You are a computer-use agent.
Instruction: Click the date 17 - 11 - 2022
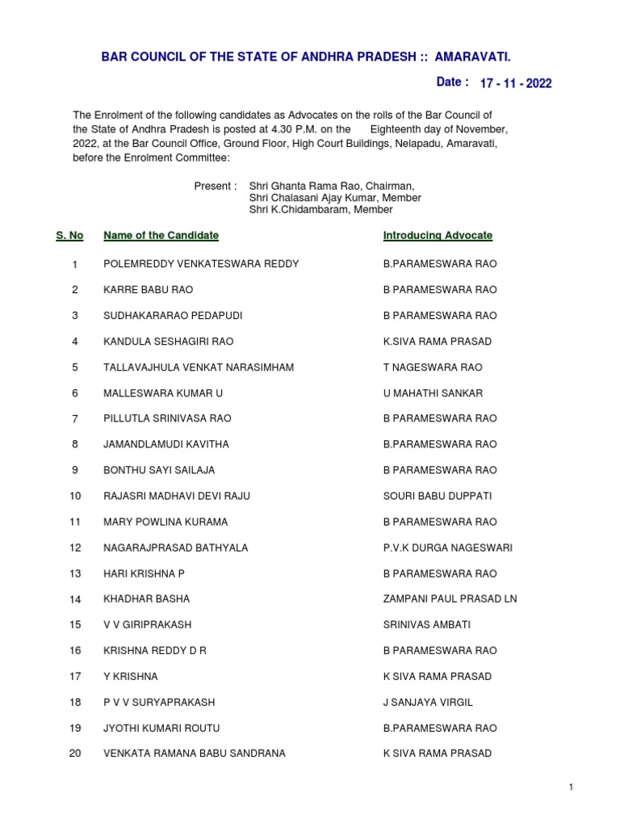(516, 83)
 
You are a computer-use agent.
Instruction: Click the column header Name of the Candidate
(161, 235)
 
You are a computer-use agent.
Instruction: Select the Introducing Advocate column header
(438, 235)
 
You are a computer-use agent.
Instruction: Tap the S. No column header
(69, 235)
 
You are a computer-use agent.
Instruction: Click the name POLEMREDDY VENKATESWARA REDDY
(201, 264)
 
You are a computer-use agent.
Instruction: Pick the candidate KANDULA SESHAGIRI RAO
(168, 342)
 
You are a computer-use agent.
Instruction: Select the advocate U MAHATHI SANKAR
(433, 393)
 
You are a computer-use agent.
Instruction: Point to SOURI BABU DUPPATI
(437, 496)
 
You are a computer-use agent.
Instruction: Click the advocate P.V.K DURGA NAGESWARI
(447, 548)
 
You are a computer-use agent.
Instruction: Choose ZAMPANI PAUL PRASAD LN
(450, 599)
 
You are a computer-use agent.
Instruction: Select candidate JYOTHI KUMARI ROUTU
(161, 728)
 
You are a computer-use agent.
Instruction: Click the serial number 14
(75, 599)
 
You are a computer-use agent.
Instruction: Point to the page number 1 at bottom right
(571, 787)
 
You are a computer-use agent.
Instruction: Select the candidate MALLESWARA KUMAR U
(163, 393)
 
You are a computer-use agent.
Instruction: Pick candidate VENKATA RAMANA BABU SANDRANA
(194, 754)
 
